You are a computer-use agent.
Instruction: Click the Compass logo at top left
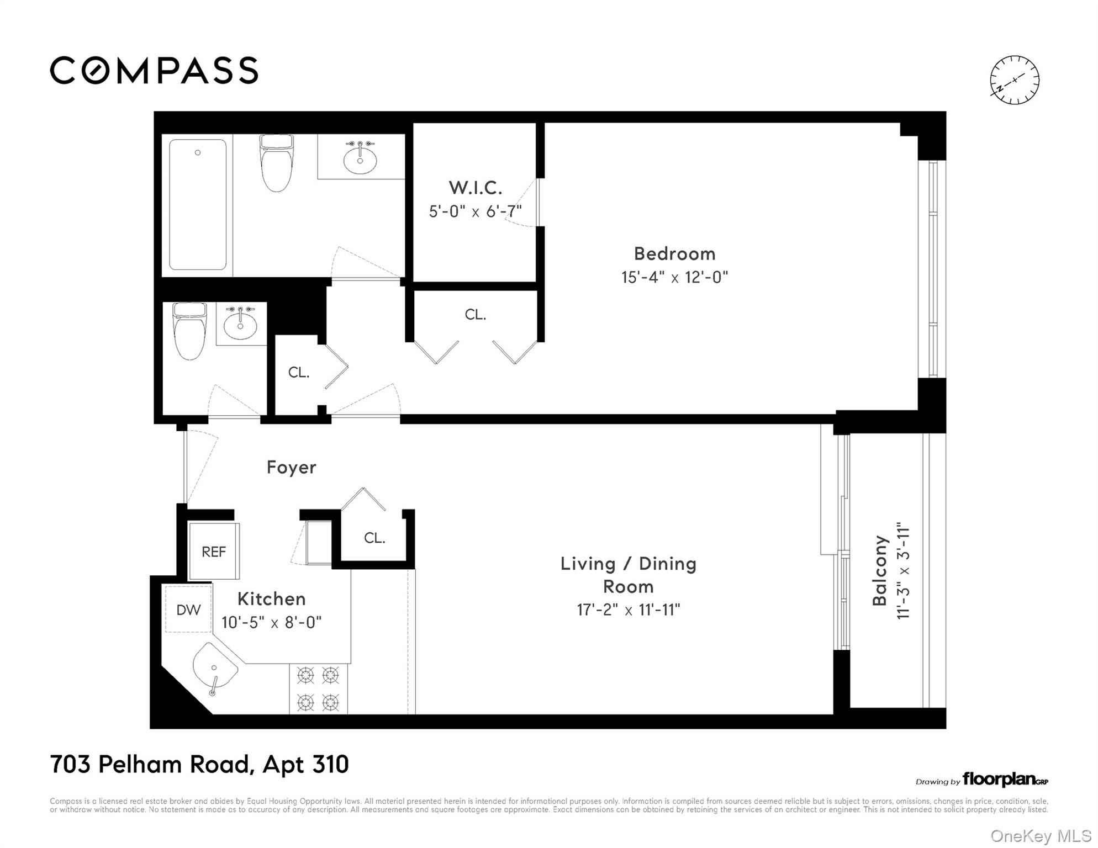(154, 71)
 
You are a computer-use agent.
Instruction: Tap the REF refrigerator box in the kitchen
(214, 551)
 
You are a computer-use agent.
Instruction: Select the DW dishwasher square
(188, 609)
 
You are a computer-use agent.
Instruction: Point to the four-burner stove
(318, 689)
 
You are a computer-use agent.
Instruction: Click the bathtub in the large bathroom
(198, 204)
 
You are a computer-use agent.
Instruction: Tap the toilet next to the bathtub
(276, 163)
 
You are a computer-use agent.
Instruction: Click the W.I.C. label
(476, 188)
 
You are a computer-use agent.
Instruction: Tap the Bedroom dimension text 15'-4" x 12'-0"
(674, 277)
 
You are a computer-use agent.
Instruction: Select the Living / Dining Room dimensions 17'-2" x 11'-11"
(629, 609)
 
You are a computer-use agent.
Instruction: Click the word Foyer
(292, 468)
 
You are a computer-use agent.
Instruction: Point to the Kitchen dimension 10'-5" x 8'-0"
(271, 622)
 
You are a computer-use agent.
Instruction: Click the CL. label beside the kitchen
(374, 538)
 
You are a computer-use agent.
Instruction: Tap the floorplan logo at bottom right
(982, 779)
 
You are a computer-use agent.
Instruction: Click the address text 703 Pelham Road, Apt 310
(199, 765)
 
